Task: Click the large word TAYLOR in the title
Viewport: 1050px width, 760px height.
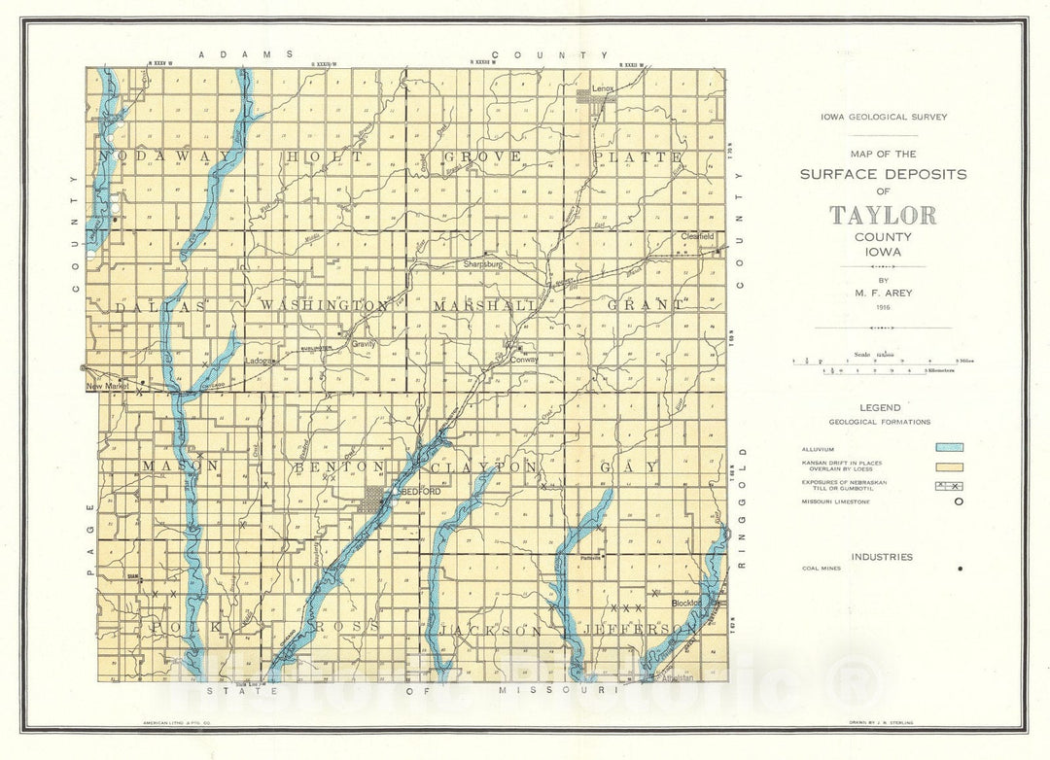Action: tap(883, 215)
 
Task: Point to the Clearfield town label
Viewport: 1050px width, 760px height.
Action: tap(697, 236)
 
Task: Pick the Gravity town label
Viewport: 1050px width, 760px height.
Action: tap(364, 343)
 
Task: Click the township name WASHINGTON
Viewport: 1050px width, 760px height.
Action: tap(324, 305)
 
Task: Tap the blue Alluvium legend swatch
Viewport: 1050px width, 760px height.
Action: tap(948, 448)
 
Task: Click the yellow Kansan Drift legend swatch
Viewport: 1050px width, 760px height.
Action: tap(948, 466)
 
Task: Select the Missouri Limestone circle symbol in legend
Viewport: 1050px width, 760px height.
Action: tap(959, 502)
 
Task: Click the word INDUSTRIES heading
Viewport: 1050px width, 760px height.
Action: tap(882, 557)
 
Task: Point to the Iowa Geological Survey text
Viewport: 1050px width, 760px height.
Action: tap(883, 118)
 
